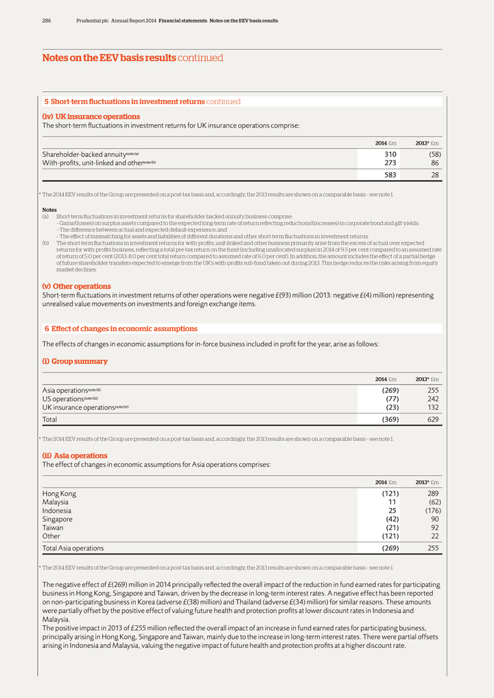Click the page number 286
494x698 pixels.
[x=47, y=21]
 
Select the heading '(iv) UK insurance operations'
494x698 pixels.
[x=91, y=117]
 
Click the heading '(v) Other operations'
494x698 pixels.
[x=76, y=286]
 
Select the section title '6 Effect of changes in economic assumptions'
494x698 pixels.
[x=121, y=328]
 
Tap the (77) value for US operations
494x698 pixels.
[x=390, y=398]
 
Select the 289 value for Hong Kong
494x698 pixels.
[x=432, y=494]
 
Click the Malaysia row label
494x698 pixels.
[x=57, y=503]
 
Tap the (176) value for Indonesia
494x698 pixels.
[x=429, y=511]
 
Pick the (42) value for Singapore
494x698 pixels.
[x=390, y=519]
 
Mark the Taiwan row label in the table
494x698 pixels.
[x=54, y=528]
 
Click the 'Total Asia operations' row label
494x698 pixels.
[x=73, y=549]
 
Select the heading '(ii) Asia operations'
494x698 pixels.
[x=75, y=455]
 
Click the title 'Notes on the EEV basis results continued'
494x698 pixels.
[x=132, y=58]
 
